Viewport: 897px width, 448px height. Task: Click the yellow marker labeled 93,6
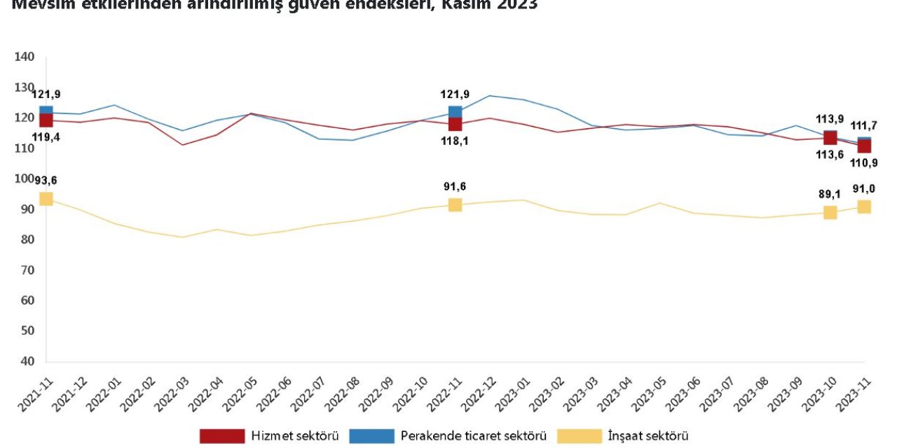coord(46,199)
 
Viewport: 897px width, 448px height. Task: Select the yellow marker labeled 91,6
coord(455,204)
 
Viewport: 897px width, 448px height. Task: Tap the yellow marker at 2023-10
coord(830,212)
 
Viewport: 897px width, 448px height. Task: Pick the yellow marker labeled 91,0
coord(864,206)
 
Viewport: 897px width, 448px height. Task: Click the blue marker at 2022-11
coord(455,112)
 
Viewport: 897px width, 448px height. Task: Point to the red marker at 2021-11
coord(46,120)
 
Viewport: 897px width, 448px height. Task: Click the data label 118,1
coord(455,148)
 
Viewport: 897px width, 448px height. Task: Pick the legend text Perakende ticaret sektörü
coord(473,436)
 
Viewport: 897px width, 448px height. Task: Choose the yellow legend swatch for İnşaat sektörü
coord(580,436)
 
